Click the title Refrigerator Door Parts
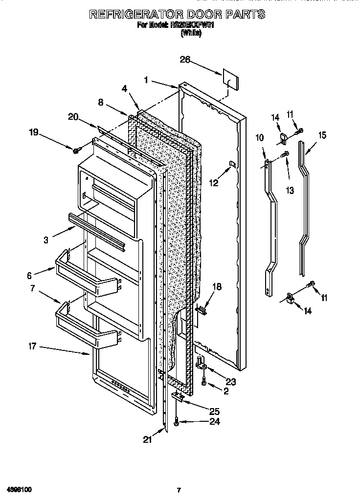coord(177,14)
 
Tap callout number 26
coord(185,60)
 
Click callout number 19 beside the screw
coord(34,132)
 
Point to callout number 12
coord(214,183)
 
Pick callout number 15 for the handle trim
coord(322,136)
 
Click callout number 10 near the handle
coord(259,138)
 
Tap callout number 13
coord(290,191)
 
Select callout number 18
coord(217,287)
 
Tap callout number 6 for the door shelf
coord(29,275)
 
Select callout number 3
coord(46,240)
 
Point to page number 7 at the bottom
coord(179,490)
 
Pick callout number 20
coord(73,117)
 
